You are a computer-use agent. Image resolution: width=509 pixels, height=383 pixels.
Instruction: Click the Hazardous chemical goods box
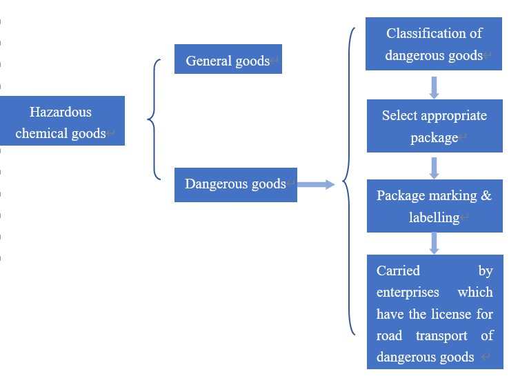coord(62,121)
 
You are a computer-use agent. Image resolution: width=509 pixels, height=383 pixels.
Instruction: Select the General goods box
coord(228,60)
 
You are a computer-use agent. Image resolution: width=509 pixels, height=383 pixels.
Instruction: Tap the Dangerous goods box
coord(235,184)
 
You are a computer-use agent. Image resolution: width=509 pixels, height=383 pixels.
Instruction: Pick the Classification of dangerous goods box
coord(434,43)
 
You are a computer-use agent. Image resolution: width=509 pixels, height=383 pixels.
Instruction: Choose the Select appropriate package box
coord(434,126)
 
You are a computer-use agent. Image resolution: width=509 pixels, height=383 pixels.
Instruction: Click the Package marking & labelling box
coord(434,206)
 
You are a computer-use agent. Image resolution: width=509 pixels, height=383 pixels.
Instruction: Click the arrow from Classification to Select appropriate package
coord(434,86)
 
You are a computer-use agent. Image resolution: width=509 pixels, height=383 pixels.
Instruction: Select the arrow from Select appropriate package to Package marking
coord(434,167)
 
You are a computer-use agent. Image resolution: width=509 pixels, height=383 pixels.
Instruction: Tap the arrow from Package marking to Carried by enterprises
coord(434,243)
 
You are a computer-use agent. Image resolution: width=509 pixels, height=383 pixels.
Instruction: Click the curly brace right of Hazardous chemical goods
coord(153,119)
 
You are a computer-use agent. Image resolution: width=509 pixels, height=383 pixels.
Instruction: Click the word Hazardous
coord(61,112)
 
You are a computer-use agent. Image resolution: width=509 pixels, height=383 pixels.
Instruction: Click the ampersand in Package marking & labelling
coord(486,195)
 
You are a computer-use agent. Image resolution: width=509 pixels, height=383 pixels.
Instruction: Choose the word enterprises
coord(408,292)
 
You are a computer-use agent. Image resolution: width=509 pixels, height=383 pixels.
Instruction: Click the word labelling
coord(433,217)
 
